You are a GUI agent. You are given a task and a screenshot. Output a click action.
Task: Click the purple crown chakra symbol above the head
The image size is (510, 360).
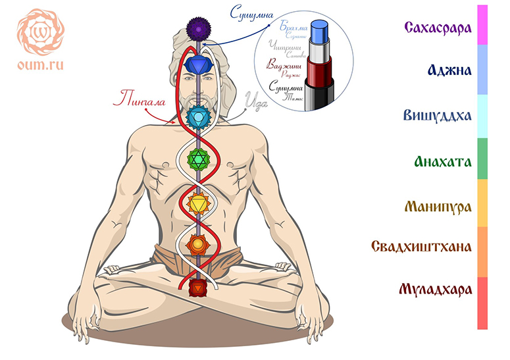coord(197,28)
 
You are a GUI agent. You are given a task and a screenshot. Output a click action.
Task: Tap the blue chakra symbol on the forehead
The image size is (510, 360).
coord(197,65)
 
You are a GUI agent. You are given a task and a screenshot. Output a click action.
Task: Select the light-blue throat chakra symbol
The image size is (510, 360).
coord(197,118)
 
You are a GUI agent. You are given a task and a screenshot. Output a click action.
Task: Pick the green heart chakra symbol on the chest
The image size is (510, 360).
coord(198,159)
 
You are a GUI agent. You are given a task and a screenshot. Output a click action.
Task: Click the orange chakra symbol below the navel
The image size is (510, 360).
coord(197,245)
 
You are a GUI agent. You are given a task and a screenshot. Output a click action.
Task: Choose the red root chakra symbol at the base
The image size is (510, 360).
coord(197,288)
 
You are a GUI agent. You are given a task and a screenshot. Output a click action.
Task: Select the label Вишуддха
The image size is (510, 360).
coord(438,115)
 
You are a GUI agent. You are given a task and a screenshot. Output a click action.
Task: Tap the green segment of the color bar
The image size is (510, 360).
coord(482,158)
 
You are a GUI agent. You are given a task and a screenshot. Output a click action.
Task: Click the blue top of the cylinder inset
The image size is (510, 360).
coord(322,29)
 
